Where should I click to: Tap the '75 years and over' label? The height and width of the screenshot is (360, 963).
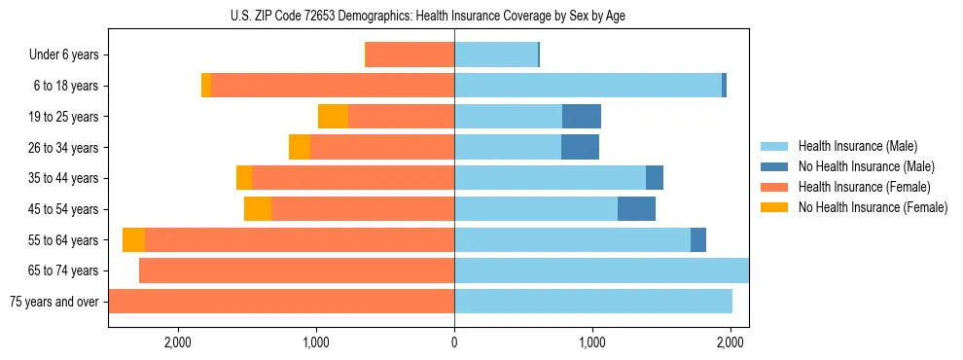click(x=54, y=302)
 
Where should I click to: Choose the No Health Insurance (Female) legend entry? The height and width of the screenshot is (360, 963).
click(x=873, y=207)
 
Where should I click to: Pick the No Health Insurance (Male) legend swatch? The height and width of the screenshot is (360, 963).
click(x=775, y=166)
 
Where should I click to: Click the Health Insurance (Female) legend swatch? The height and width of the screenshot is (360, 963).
click(x=775, y=187)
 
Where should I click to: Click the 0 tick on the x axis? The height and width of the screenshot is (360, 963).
click(x=454, y=342)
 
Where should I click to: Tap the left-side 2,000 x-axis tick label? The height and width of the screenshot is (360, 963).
click(x=177, y=342)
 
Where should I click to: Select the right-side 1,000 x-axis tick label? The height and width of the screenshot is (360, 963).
click(x=592, y=342)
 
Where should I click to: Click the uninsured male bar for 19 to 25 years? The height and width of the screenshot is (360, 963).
click(x=582, y=117)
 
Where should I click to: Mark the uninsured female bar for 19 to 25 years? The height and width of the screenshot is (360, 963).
click(x=333, y=117)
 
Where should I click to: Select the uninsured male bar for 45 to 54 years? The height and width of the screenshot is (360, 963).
click(x=636, y=209)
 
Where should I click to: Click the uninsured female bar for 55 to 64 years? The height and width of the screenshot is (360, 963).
click(x=133, y=240)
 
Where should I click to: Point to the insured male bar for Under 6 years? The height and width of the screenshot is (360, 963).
click(x=496, y=55)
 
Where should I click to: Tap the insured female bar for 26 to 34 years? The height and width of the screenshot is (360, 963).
click(x=382, y=148)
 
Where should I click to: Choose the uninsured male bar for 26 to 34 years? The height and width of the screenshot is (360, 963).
click(x=580, y=148)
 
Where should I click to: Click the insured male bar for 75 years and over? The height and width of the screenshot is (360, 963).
click(x=593, y=302)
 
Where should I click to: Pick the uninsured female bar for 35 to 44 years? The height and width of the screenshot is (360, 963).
click(x=244, y=178)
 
